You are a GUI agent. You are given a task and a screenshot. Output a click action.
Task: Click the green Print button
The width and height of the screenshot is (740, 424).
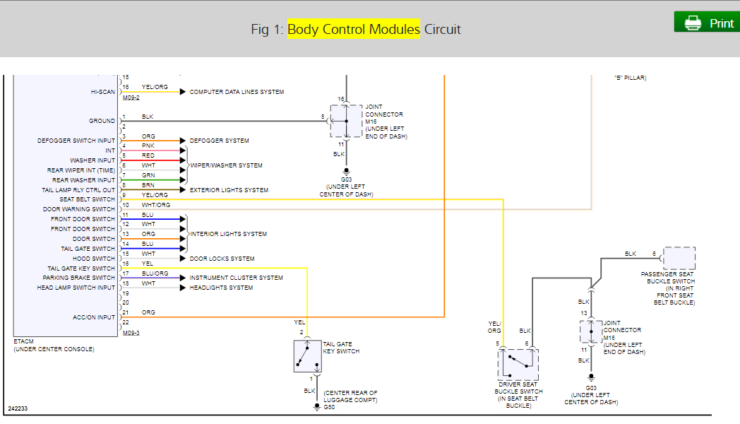706,23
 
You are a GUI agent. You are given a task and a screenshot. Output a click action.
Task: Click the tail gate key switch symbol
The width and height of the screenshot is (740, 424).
307,356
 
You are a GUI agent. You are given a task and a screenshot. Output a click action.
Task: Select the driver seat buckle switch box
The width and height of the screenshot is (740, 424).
518,365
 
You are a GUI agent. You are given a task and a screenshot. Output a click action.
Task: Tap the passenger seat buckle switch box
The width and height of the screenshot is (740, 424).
679,258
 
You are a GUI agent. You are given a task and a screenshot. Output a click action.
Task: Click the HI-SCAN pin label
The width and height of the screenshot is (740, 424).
102,92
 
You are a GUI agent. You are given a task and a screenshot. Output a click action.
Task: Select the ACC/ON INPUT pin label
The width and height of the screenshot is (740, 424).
94,317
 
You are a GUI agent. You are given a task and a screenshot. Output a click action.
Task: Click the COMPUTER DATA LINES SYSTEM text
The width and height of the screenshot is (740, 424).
237,92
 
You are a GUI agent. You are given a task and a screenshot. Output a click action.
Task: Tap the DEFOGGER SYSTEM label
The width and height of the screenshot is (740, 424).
219,141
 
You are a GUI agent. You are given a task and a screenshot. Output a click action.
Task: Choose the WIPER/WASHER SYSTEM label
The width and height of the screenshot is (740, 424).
226,165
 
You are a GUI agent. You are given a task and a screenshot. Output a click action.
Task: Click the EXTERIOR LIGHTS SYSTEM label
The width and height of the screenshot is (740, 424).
229,190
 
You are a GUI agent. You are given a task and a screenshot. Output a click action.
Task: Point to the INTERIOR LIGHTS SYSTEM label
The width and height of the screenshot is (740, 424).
228,234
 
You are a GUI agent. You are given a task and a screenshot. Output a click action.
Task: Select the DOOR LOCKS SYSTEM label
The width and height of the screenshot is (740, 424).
222,259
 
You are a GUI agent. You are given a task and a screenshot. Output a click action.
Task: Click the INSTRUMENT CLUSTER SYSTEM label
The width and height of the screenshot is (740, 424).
236,278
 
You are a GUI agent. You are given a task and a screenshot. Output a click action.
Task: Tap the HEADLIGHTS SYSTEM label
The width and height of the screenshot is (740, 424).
221,288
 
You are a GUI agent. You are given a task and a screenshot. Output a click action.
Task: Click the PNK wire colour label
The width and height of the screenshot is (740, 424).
148,146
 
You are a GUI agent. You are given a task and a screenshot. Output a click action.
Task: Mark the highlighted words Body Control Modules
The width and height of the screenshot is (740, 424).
353,29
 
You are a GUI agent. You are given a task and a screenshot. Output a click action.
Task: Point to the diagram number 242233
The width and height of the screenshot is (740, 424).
18,408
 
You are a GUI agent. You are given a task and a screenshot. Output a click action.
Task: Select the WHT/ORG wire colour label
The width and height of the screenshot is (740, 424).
155,205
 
